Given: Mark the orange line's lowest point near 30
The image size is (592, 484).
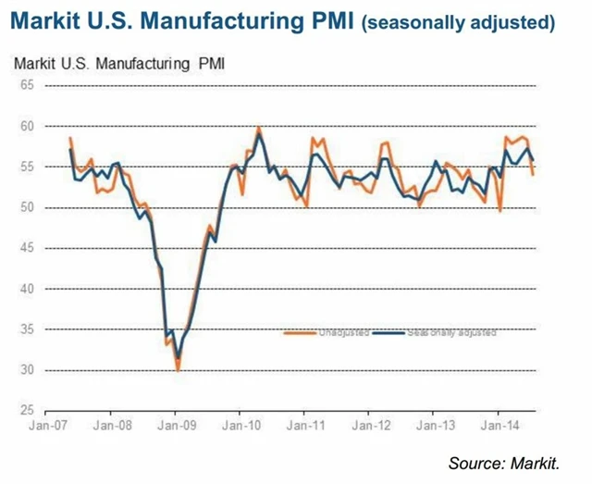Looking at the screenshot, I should pos(178,369).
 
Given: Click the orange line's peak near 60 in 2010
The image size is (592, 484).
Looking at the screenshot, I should pos(258,128).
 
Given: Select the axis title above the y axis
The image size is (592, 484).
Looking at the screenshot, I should pos(119,64).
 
